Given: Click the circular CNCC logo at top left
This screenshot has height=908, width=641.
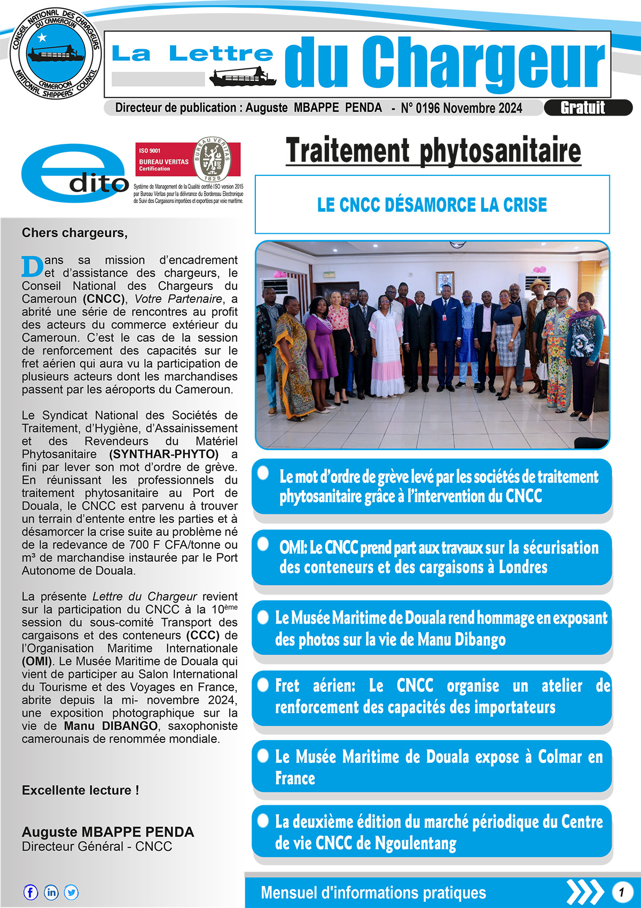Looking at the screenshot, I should point(55,53).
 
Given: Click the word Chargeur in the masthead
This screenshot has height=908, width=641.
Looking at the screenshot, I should point(483,63).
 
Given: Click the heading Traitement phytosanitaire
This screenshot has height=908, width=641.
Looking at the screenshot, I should point(433,151).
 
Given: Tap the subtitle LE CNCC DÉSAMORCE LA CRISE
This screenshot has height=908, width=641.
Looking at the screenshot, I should point(432,205).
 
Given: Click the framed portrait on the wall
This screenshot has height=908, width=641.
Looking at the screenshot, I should point(445,282).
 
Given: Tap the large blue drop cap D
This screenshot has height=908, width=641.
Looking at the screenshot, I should point(32,266).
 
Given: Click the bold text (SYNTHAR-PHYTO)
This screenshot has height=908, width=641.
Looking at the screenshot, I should point(164,454).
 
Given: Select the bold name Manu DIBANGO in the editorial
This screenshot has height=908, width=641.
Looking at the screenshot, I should point(111,726).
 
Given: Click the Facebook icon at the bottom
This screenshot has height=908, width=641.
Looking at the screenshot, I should point(30,892).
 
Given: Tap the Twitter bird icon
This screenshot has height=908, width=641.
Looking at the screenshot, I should point(71,892).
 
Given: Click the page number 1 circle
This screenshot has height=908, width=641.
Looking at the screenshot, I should point(621,892).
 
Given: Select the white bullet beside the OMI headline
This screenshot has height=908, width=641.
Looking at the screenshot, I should point(263,544).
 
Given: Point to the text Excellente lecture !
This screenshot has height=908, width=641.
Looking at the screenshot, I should point(80,790).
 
